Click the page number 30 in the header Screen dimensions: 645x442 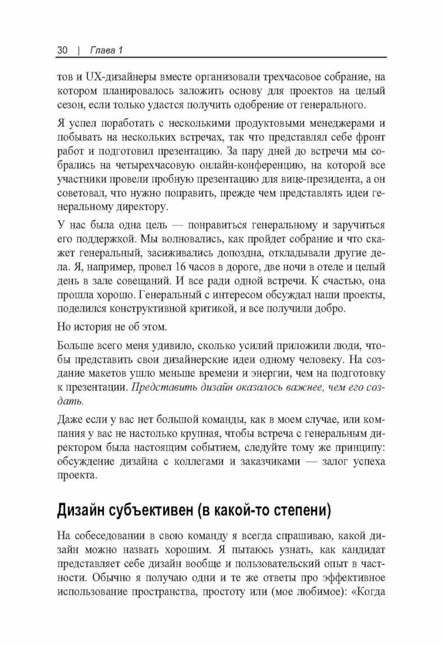(62, 50)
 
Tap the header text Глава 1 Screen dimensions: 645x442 (106, 50)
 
